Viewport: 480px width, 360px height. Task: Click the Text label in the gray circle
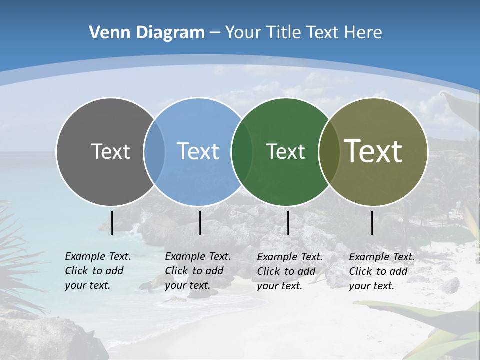110,151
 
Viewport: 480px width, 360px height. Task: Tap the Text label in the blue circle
198,151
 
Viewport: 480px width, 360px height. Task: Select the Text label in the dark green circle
285,151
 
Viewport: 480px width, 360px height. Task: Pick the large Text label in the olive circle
373,151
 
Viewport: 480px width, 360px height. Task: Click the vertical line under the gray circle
112,223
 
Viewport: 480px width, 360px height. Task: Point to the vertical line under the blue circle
200,223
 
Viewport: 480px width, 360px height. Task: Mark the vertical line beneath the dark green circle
288,223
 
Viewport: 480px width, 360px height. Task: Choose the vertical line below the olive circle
372,223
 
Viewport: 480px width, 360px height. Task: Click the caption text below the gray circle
97,271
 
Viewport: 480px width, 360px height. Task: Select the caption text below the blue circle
197,271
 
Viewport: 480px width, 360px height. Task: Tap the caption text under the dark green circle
289,271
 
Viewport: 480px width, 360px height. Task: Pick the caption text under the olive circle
381,271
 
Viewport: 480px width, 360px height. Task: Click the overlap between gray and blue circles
154,151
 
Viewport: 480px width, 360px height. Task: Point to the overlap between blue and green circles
242,151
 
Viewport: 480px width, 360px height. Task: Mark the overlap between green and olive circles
328,151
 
